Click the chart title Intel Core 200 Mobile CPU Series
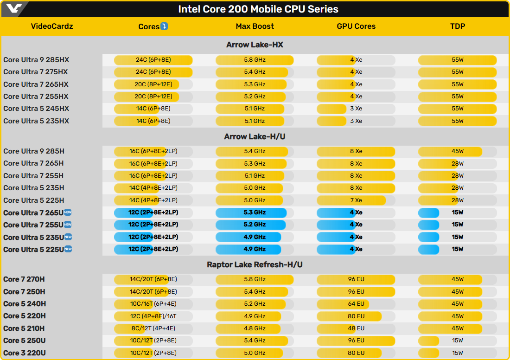click(x=258, y=9)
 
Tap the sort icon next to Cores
click(x=164, y=26)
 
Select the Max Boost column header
click(x=255, y=26)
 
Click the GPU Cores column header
click(x=356, y=26)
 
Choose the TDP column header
click(x=457, y=26)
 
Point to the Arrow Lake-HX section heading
click(x=255, y=45)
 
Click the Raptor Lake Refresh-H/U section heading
click(x=255, y=265)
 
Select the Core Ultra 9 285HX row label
click(x=36, y=60)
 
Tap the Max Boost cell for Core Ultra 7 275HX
click(x=255, y=72)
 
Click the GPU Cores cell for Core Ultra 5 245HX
click(x=356, y=109)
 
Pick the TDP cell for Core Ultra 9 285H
click(x=457, y=151)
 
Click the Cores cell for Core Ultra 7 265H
click(x=153, y=163)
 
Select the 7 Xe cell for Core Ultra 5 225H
click(x=356, y=200)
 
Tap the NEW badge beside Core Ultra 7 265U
click(x=68, y=212)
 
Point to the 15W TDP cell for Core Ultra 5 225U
click(x=457, y=249)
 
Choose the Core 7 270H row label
click(x=24, y=279)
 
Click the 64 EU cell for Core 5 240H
click(x=356, y=304)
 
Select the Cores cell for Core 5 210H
click(x=153, y=328)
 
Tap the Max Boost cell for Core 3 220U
click(x=255, y=353)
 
